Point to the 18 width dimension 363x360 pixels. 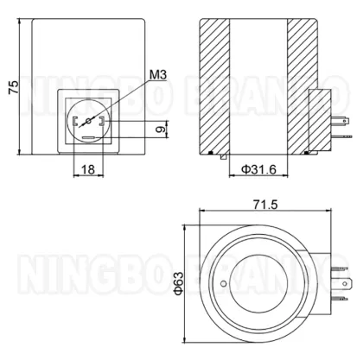[x=88, y=170]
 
